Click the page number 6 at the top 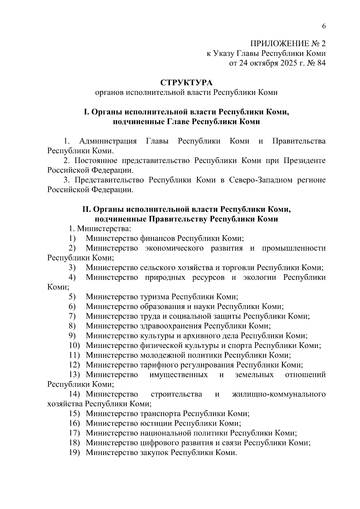pyautogui.click(x=324, y=26)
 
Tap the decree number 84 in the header pyautogui.click(x=320, y=63)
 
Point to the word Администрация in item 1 pyautogui.click(x=108, y=141)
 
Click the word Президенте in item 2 pyautogui.click(x=304, y=160)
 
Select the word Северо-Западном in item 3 pyautogui.click(x=260, y=180)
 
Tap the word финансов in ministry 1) pyautogui.click(x=157, y=238)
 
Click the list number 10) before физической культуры pyautogui.click(x=74, y=346)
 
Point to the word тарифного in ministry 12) pyautogui.click(x=156, y=365)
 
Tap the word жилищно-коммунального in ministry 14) pyautogui.click(x=279, y=394)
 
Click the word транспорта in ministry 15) pyautogui.click(x=160, y=414)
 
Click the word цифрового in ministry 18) pyautogui.click(x=157, y=443)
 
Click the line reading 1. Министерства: pyautogui.click(x=100, y=229)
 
